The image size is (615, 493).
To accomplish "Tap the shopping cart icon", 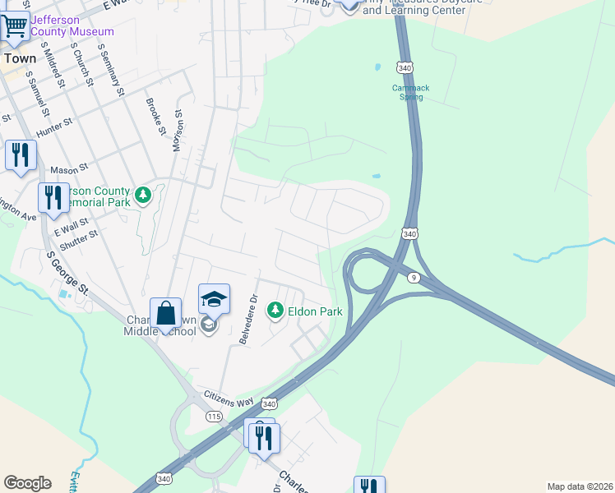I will [13, 26].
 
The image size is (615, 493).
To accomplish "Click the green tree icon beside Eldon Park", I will [275, 311].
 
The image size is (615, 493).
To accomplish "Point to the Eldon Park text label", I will [315, 312].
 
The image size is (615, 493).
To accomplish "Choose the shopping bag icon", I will [165, 313].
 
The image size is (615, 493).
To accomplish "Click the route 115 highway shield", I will [215, 417].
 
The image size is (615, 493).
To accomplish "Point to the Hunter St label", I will [56, 127].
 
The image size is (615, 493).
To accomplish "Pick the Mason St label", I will [69, 170].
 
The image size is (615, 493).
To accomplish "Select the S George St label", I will [67, 273].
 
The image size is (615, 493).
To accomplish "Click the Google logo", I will [27, 483].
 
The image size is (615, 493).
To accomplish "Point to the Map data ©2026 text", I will [579, 486].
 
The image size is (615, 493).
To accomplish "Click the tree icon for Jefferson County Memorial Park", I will [144, 195].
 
